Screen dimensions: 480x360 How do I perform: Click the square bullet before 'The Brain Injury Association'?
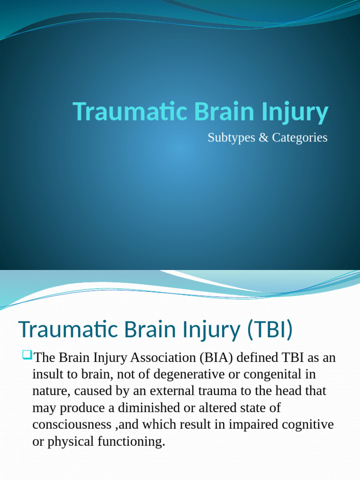pyautogui.click(x=26, y=356)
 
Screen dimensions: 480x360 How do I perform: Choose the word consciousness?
pyautogui.click(x=71, y=425)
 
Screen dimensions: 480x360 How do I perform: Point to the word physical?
pyautogui.click(x=69, y=442)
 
